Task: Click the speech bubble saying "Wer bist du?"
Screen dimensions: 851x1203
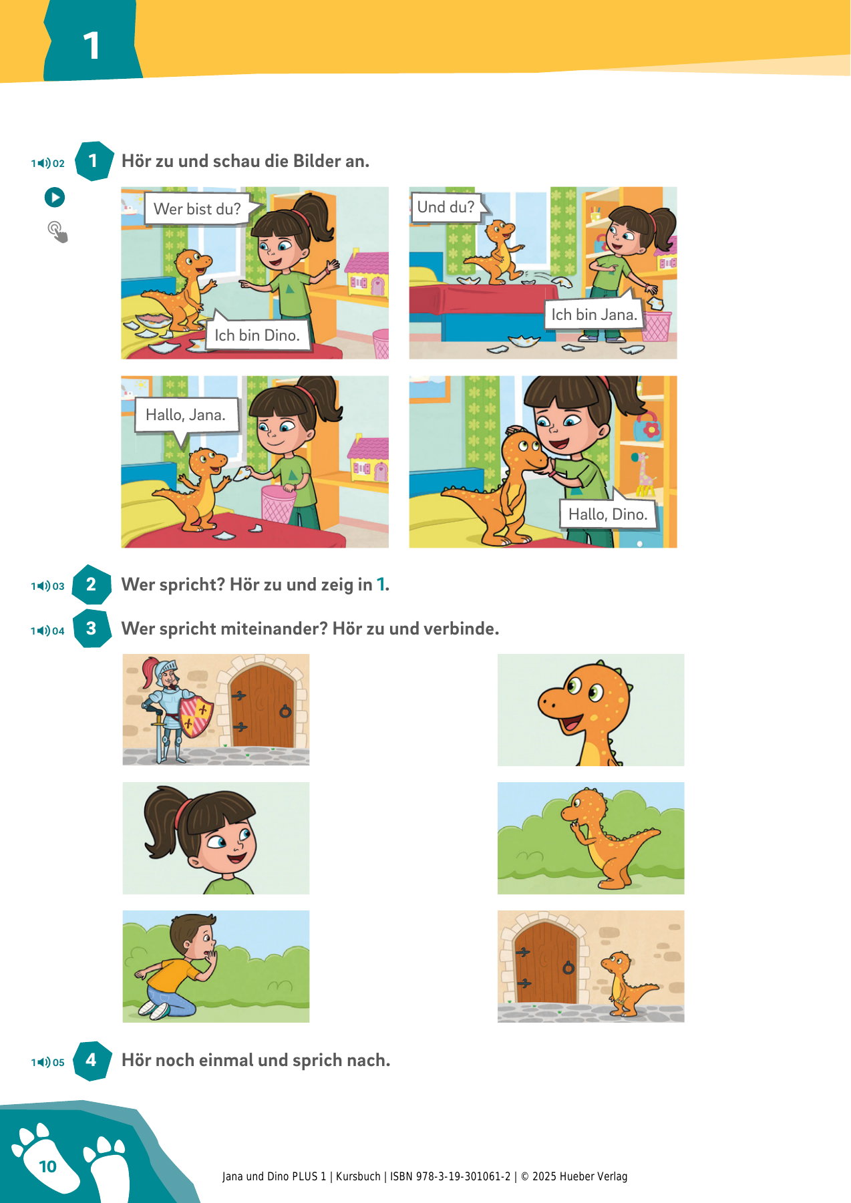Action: pyautogui.click(x=198, y=208)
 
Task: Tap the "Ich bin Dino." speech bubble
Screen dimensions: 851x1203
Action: pyautogui.click(x=257, y=333)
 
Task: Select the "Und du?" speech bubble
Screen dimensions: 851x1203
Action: pyautogui.click(x=447, y=206)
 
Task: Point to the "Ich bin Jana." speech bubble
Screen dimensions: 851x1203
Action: pyautogui.click(x=594, y=313)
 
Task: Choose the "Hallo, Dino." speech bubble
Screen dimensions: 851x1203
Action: pyautogui.click(x=608, y=512)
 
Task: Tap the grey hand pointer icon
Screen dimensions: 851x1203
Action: pyautogui.click(x=57, y=232)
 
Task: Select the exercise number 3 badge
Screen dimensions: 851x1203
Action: pyautogui.click(x=92, y=628)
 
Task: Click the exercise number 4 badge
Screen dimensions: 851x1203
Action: pyautogui.click(x=92, y=1060)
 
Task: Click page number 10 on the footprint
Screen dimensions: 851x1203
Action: pyautogui.click(x=47, y=1166)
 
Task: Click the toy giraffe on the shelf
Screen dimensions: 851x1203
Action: pyautogui.click(x=643, y=473)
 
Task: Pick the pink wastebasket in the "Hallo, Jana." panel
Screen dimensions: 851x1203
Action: pyautogui.click(x=278, y=503)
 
